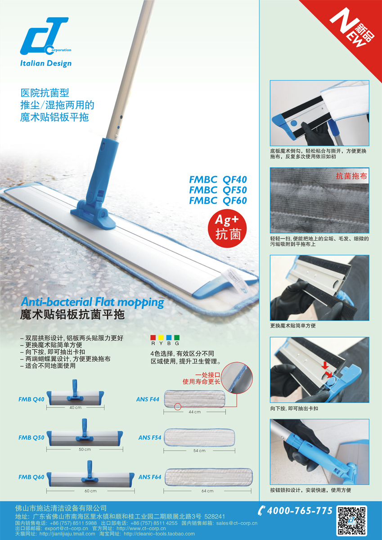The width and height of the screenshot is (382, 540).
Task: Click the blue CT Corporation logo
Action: [x=45, y=36]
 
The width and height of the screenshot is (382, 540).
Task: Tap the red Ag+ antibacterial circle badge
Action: [x=227, y=228]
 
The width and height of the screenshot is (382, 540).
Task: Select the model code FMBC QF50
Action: [x=218, y=190]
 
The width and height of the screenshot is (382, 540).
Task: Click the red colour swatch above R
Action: [x=153, y=337]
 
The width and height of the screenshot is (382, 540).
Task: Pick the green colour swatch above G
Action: [x=177, y=337]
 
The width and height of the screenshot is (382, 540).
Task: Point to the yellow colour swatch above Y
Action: [x=161, y=337]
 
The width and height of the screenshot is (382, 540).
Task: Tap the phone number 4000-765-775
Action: [x=300, y=511]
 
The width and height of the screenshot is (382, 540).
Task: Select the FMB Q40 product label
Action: [x=31, y=399]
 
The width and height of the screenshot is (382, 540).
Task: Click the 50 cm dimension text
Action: [x=85, y=450]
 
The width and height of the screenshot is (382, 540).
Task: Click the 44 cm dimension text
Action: [x=194, y=412]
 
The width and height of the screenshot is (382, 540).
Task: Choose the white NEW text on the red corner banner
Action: [x=346, y=28]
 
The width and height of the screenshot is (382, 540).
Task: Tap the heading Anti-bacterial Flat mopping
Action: [x=92, y=302]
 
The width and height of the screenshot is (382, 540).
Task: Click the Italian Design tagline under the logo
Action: [x=46, y=63]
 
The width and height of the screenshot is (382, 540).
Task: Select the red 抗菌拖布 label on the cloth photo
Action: [x=352, y=176]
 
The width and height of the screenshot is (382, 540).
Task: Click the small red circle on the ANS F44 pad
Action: [x=178, y=406]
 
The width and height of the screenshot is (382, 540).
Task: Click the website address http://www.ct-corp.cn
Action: [x=141, y=528]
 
